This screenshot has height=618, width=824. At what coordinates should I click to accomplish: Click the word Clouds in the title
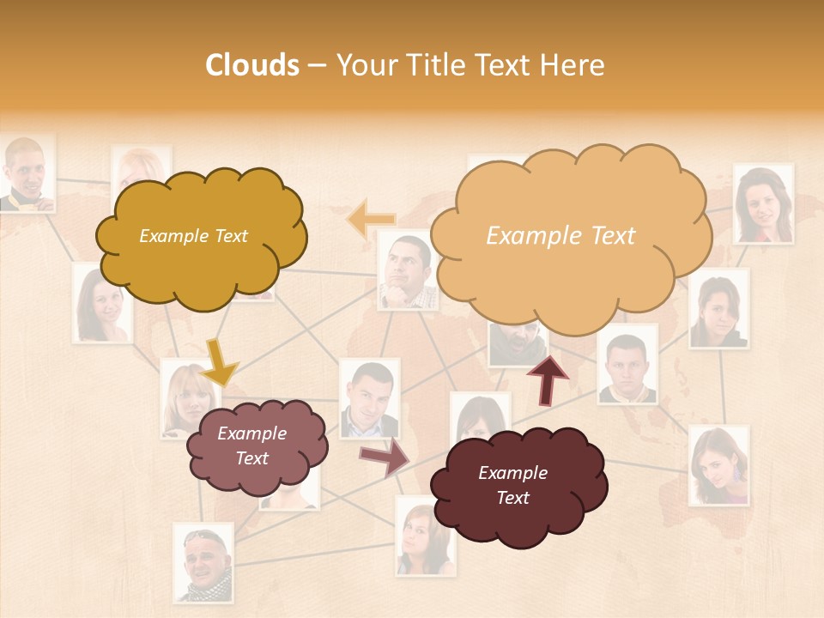[251, 65]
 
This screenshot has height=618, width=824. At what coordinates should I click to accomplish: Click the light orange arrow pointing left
[371, 220]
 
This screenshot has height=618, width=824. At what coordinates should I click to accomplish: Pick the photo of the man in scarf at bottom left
[203, 562]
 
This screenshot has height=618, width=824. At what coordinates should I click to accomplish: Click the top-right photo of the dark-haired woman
[762, 204]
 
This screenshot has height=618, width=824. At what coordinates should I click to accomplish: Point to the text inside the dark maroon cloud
[512, 485]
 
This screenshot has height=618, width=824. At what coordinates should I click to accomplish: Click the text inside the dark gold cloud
[193, 236]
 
